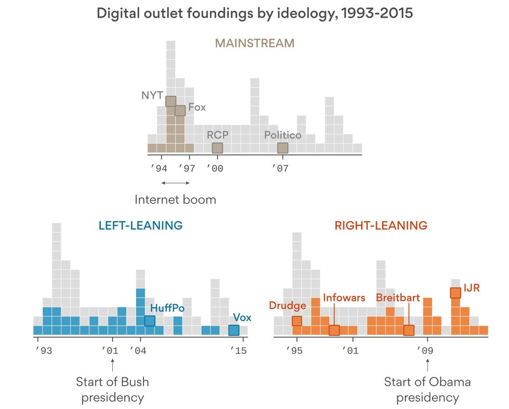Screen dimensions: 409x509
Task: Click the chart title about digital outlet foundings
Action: coord(254,14)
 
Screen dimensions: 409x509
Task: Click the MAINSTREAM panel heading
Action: coord(254,43)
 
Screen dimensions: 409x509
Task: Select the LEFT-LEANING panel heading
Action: coord(140,226)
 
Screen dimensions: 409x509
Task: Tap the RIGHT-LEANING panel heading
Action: coord(381,226)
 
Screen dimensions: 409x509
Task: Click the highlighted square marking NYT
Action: coord(171,101)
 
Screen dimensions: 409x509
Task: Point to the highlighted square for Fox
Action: coord(180,110)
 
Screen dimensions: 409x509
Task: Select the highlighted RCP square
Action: coord(217,148)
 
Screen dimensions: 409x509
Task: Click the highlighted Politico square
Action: coord(283,148)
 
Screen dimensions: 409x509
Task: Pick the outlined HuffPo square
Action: coord(150,321)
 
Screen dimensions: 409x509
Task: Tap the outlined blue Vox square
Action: coord(234,330)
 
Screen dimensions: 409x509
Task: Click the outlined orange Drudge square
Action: coord(297,321)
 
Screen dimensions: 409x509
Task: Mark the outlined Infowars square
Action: coord(334,330)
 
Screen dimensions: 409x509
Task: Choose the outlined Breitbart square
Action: coord(409,330)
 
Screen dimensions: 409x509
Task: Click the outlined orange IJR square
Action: coord(456,292)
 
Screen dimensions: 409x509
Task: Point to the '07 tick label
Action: coord(281,168)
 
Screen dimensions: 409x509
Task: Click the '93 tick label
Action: coord(43,351)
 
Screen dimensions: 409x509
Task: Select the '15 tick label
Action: coord(239,351)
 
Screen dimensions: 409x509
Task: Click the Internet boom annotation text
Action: coord(175,200)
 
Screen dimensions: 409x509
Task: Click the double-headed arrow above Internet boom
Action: coord(175,183)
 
